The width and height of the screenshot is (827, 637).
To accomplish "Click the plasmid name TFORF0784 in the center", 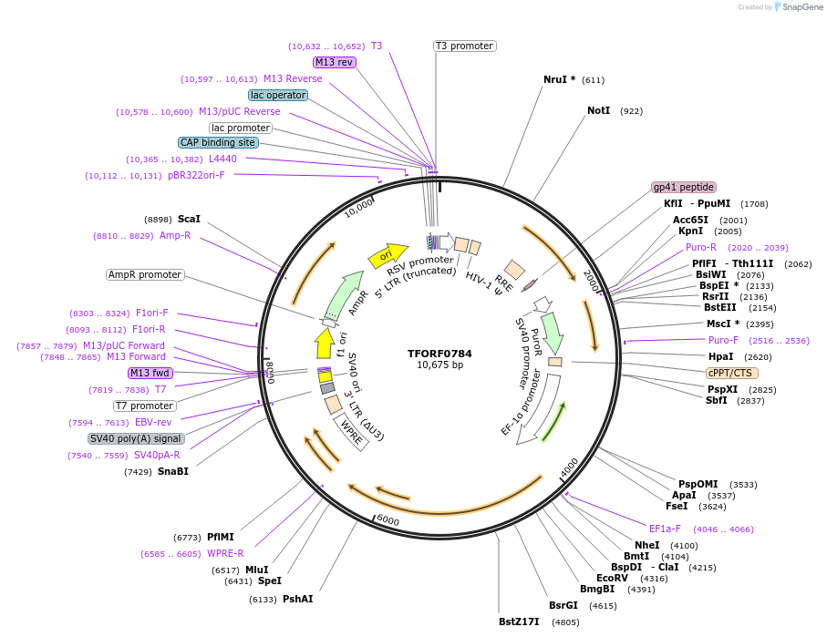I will pyautogui.click(x=439, y=354).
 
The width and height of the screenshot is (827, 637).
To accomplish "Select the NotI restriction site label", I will pyautogui.click(x=598, y=111).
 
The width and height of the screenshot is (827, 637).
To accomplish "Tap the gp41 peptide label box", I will pyautogui.click(x=683, y=187).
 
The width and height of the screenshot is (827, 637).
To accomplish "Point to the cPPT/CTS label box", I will pyautogui.click(x=731, y=373).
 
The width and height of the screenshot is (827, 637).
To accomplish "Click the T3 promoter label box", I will pyautogui.click(x=464, y=46).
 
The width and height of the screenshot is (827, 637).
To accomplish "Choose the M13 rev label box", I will pyautogui.click(x=334, y=62).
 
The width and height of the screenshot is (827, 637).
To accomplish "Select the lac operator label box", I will pyautogui.click(x=277, y=95).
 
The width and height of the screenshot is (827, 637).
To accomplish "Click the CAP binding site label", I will pyautogui.click(x=218, y=142).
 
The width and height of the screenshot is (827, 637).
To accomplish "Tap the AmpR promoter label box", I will pyautogui.click(x=145, y=274).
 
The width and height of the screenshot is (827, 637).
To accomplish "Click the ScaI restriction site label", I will pyautogui.click(x=189, y=220).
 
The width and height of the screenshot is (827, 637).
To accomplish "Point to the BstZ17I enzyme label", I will pyautogui.click(x=519, y=622).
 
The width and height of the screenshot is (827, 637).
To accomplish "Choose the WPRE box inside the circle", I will pyautogui.click(x=352, y=432).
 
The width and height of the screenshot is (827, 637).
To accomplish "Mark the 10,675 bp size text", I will pyautogui.click(x=439, y=365).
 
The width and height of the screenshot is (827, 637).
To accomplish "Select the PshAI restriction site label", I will pyautogui.click(x=297, y=599).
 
